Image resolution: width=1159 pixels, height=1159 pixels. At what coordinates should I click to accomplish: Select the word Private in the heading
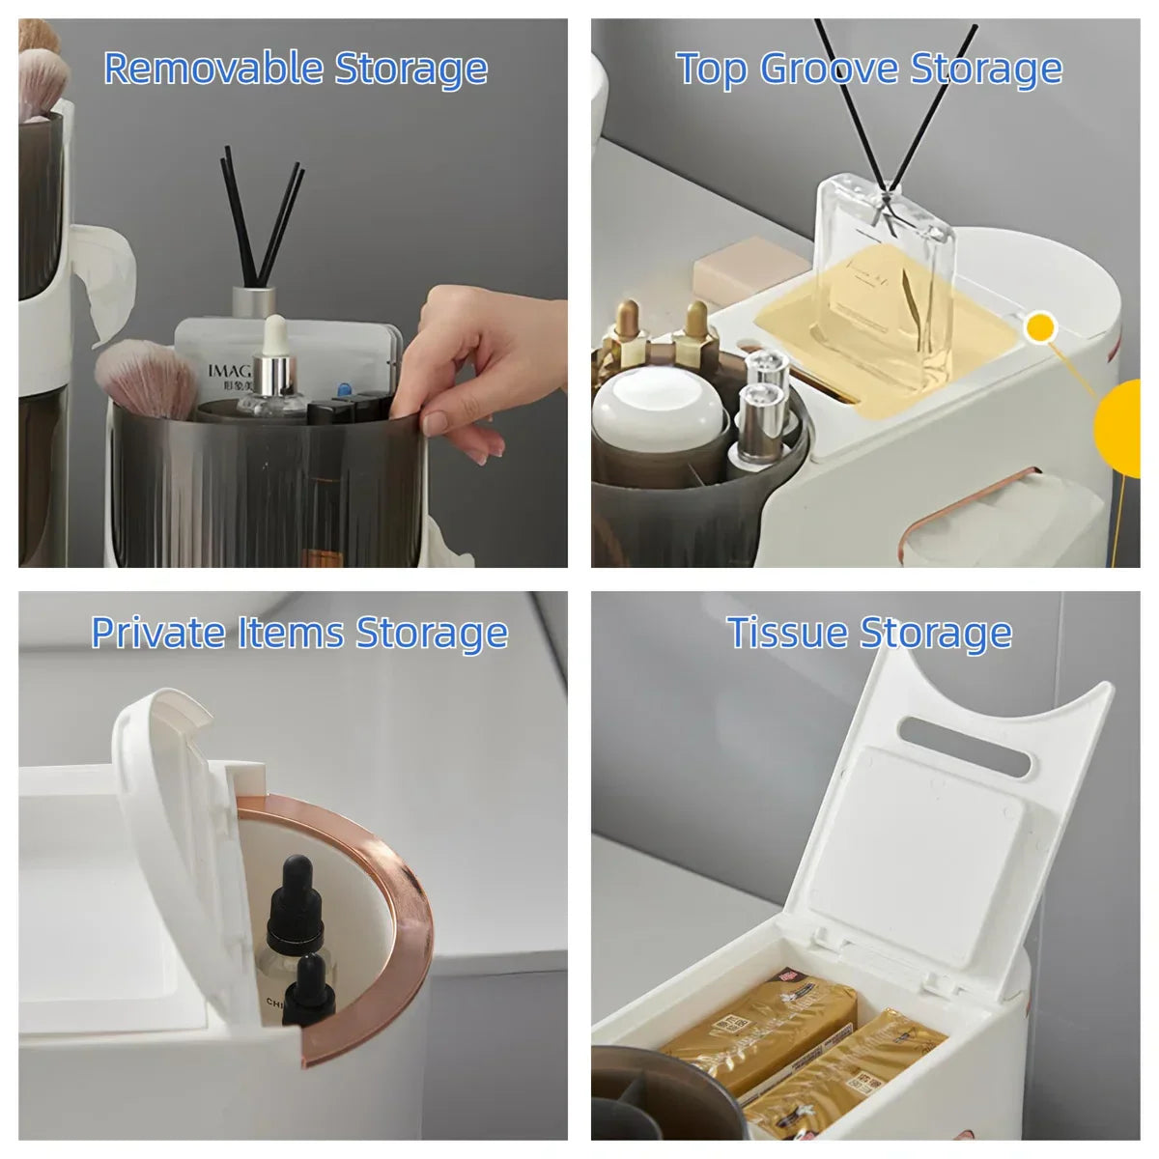tap(157, 633)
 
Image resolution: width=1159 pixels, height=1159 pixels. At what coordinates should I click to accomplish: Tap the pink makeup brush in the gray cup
tap(147, 377)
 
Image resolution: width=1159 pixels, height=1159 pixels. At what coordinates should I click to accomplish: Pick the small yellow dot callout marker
tap(1040, 328)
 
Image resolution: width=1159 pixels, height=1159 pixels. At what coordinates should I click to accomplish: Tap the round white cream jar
tap(659, 410)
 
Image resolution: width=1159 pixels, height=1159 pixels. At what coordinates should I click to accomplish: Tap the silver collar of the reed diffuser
tap(254, 301)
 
